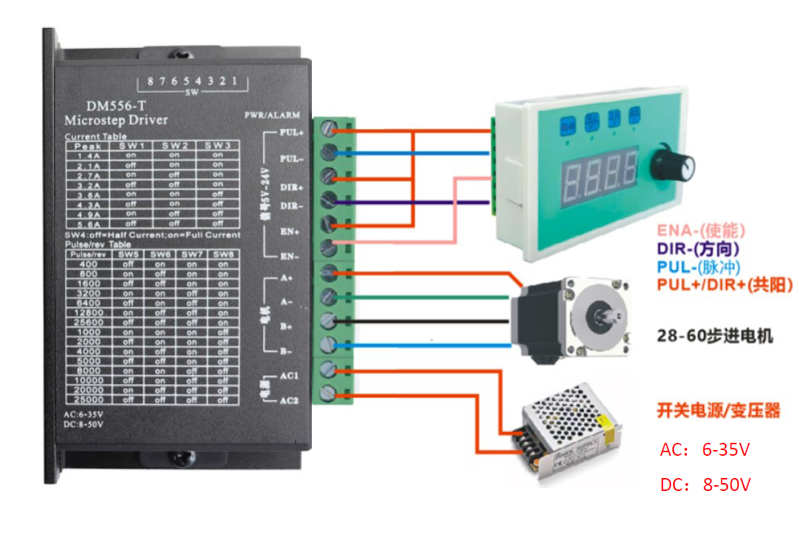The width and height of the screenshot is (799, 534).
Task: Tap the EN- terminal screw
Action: (329, 248)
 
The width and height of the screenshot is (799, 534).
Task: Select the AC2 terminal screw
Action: (329, 393)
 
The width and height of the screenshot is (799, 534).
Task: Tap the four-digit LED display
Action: (600, 176)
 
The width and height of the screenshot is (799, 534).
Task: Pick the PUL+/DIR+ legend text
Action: (724, 285)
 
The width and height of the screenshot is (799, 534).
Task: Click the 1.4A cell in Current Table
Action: (88, 155)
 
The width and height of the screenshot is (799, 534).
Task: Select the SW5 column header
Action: (128, 254)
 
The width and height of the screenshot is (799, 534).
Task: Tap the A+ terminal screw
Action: (329, 272)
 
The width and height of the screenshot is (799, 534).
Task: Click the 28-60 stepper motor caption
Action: (715, 335)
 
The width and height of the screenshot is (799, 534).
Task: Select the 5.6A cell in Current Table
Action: (88, 223)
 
